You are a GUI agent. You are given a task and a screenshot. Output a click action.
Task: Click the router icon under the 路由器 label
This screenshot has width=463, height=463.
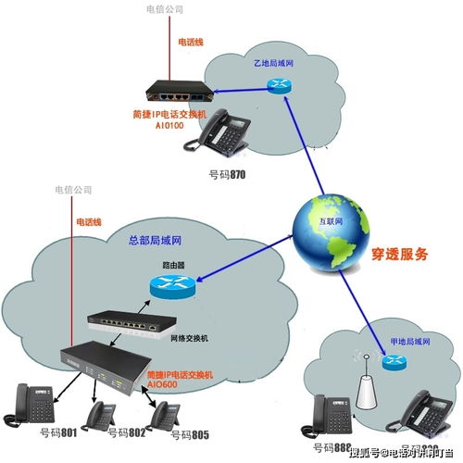[172, 288]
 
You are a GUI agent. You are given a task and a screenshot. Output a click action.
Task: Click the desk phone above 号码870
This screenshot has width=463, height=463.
[219, 132]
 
